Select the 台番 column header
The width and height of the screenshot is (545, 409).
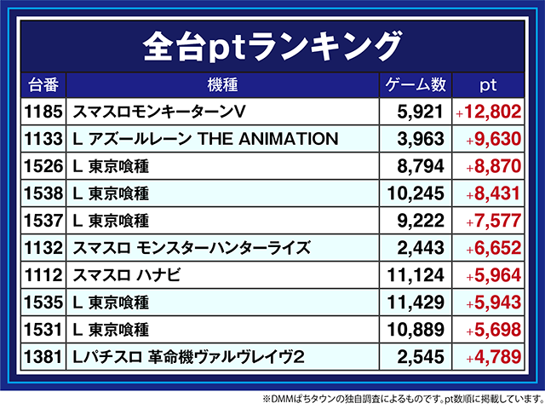coord(43,85)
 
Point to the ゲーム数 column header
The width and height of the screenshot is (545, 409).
coord(416,85)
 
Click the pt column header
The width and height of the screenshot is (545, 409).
coord(488,85)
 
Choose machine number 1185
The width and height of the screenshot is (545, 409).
coord(44,112)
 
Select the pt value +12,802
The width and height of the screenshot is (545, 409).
coord(487,112)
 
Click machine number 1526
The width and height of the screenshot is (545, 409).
coord(44,166)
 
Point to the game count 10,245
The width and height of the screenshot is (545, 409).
coord(416,193)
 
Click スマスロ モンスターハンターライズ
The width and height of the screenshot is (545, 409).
coord(192,248)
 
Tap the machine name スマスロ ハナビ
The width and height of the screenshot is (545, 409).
coord(127,275)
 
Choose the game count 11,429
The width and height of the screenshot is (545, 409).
coord(416,302)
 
